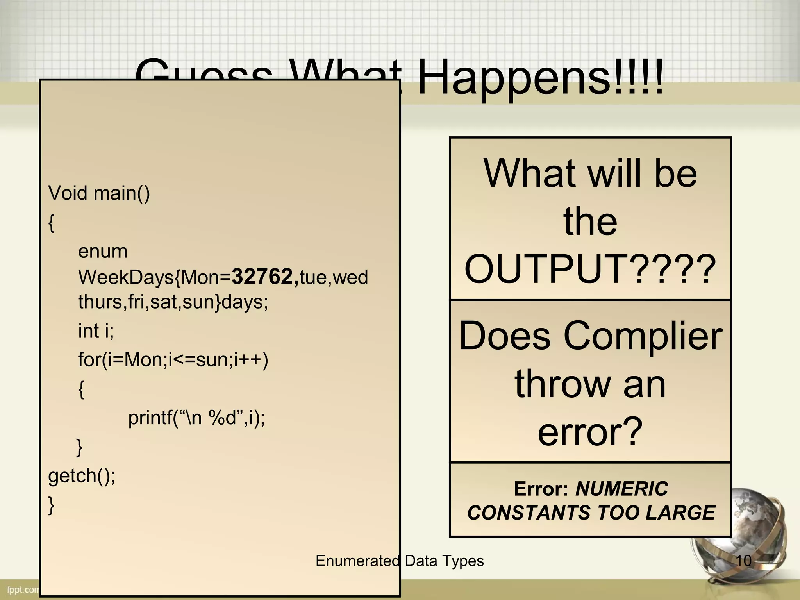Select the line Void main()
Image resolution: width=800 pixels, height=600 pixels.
99,193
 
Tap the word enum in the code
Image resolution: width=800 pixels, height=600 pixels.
103,251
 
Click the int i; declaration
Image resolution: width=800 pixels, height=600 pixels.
96,331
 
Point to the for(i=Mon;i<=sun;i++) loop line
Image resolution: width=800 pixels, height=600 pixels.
173,359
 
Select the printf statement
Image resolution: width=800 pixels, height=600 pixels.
196,418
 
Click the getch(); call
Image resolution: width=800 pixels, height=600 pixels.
82,475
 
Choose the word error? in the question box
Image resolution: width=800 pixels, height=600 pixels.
590,432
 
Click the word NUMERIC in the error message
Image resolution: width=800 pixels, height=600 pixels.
622,489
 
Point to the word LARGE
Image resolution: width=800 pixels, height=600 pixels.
680,512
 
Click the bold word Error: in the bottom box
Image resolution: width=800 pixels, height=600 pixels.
541,489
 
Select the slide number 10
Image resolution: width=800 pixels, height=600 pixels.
743,561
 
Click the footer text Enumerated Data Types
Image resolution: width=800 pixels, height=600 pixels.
400,561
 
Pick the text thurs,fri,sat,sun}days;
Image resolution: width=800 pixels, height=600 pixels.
173,302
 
